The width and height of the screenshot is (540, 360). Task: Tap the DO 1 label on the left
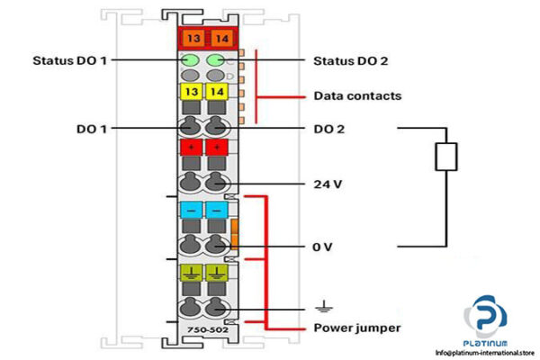tap(92, 129)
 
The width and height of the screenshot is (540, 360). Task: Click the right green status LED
tap(216, 61)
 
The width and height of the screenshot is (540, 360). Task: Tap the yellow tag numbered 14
tap(216, 93)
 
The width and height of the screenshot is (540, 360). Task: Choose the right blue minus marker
tap(216, 209)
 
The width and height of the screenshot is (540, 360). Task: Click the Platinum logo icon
tap(486, 319)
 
